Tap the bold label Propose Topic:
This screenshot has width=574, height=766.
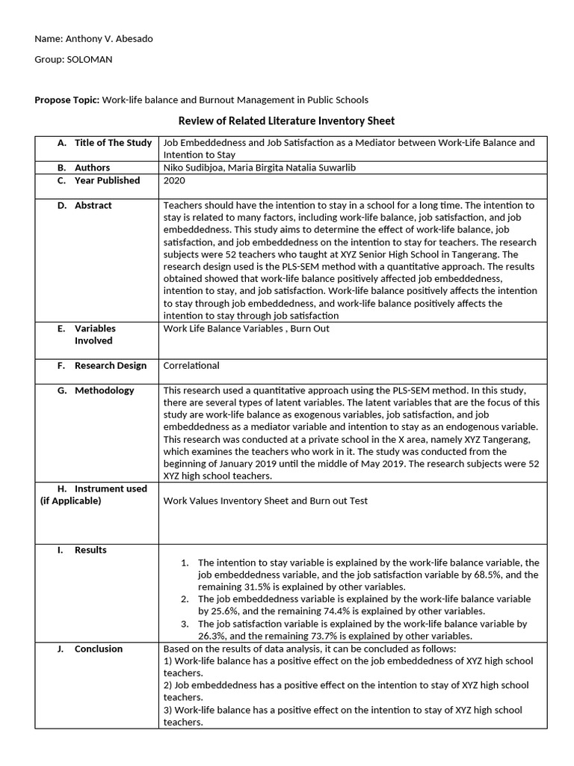pos(67,99)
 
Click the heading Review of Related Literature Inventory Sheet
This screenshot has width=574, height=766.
pos(286,120)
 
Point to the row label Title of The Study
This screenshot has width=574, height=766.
pos(113,143)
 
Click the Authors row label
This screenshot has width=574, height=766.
pos(92,168)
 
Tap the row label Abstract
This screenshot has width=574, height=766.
pos(93,205)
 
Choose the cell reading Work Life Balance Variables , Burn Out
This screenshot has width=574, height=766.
pos(246,328)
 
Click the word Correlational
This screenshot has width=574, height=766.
pos(191,366)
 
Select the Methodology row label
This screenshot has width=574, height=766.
pos(104,390)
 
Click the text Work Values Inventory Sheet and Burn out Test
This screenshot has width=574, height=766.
pos(265,501)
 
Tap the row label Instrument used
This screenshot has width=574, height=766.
pos(111,488)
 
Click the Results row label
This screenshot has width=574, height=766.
pos(90,550)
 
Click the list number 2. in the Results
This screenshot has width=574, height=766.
pos(185,599)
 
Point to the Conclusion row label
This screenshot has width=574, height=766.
pos(98,649)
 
